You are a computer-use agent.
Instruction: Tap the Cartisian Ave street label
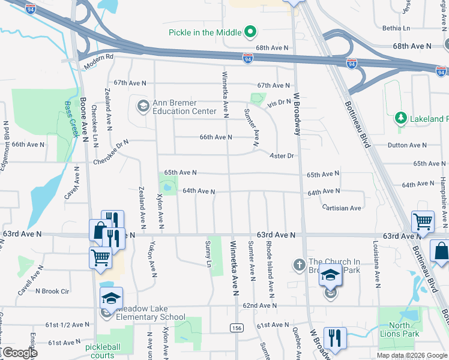click(x=342, y=208)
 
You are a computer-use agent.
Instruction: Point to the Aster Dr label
click(x=282, y=155)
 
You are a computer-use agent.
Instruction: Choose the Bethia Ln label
click(x=396, y=28)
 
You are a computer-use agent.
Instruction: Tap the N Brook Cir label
click(x=52, y=291)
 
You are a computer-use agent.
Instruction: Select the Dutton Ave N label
click(x=407, y=145)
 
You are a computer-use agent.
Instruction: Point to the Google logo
click(x=20, y=353)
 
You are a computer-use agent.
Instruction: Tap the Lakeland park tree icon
click(x=400, y=118)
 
